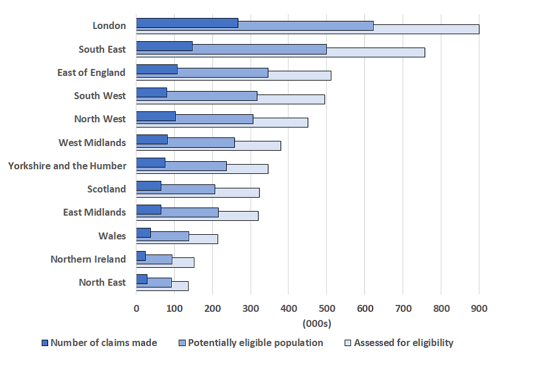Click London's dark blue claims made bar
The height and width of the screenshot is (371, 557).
(187, 23)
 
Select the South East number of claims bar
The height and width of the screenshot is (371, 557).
(164, 46)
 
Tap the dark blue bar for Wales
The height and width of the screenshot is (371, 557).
(143, 233)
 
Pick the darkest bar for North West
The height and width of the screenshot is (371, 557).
(155, 117)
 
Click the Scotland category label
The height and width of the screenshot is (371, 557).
(107, 189)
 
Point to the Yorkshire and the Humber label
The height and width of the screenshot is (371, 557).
(67, 166)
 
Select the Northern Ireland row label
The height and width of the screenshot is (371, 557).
(88, 259)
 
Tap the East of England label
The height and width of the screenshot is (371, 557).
(91, 72)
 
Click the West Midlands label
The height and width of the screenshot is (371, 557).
(92, 143)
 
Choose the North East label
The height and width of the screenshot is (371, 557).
(102, 282)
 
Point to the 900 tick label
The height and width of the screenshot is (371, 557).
(479, 308)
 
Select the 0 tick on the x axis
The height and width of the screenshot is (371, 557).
(136, 308)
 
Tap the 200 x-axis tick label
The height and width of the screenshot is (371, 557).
(212, 308)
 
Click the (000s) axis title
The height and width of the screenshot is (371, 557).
(317, 323)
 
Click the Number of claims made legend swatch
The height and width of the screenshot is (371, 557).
(45, 343)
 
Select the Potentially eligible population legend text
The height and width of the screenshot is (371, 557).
(255, 343)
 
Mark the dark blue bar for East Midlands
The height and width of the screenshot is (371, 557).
(149, 210)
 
